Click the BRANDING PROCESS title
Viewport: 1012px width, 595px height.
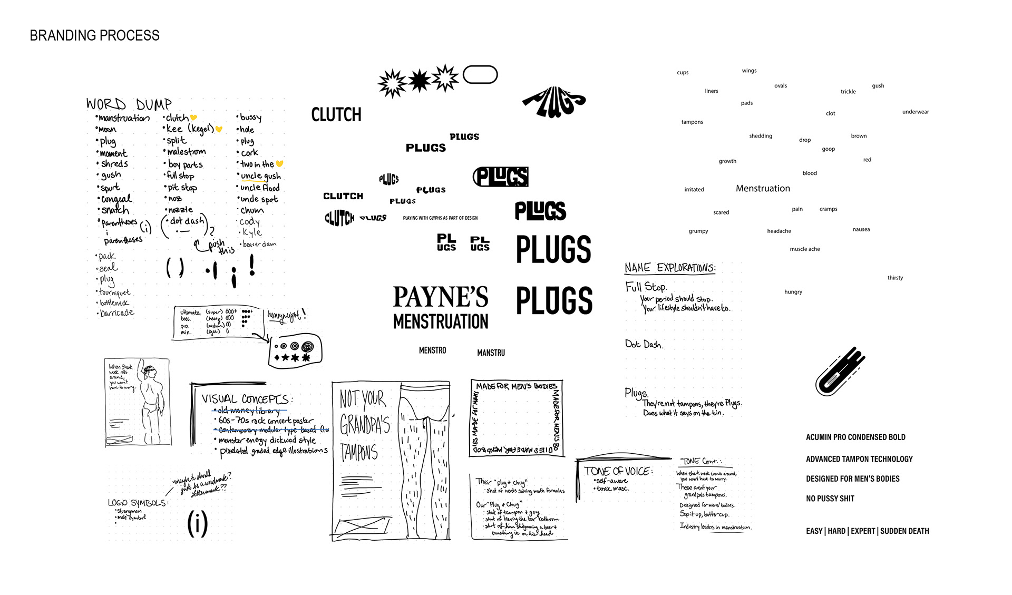click(x=94, y=36)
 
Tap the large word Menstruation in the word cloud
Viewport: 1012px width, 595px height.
click(x=763, y=189)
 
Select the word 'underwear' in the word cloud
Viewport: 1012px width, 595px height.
click(x=915, y=112)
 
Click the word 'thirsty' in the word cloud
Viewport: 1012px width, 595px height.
click(x=895, y=278)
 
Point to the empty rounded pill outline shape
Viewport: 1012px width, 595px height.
click(x=480, y=75)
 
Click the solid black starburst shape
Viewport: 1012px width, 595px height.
click(x=420, y=81)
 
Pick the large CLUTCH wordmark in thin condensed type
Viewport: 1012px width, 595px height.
click(x=336, y=115)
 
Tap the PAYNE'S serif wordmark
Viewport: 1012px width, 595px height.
click(x=441, y=297)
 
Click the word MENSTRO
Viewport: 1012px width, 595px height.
click(x=432, y=350)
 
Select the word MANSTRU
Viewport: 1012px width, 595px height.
click(x=491, y=353)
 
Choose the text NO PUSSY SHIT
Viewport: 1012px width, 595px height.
click(x=830, y=499)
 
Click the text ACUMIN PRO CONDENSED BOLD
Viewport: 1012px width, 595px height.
click(x=855, y=437)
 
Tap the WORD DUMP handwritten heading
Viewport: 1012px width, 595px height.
click(x=129, y=104)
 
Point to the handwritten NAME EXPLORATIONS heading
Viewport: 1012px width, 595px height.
click(x=670, y=268)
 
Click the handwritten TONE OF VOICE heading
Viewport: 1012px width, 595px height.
click(x=617, y=471)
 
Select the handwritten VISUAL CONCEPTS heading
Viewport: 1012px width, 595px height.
click(x=246, y=399)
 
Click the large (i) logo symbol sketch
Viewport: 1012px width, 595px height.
click(x=198, y=523)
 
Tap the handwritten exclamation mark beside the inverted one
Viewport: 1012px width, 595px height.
click(x=252, y=265)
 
